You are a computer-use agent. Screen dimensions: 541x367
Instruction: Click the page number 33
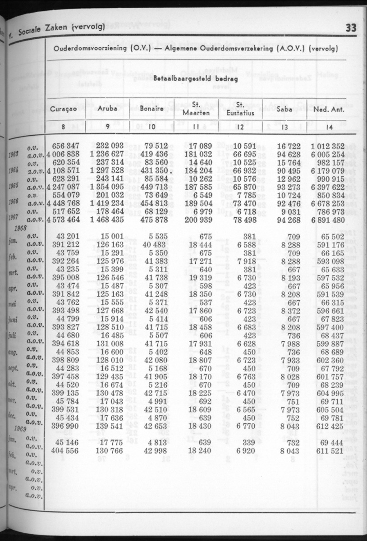(x=350, y=28)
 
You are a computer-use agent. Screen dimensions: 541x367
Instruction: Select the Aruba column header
(x=107, y=109)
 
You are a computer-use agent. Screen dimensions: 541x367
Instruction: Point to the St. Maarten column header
(x=196, y=109)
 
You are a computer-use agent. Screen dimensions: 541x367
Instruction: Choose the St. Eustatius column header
(x=240, y=109)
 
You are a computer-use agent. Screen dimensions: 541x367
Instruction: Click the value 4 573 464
(x=63, y=220)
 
